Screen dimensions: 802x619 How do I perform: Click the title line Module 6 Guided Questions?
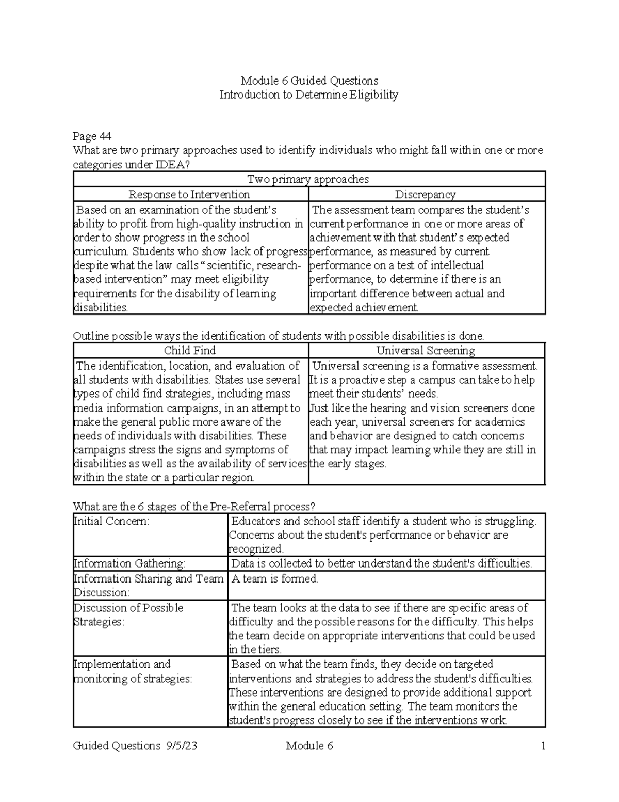[309, 81]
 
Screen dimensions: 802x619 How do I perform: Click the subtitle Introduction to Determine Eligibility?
[309, 95]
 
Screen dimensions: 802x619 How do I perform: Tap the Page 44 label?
[92, 136]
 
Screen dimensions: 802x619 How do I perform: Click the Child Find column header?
[189, 351]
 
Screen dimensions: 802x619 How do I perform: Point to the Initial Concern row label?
[111, 521]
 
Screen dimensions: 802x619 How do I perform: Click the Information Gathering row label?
[129, 563]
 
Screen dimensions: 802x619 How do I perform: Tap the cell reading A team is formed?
[274, 579]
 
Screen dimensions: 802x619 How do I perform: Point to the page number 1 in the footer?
[543, 746]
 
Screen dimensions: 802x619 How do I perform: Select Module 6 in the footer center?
[309, 746]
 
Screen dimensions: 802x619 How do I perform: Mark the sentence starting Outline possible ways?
[279, 336]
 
